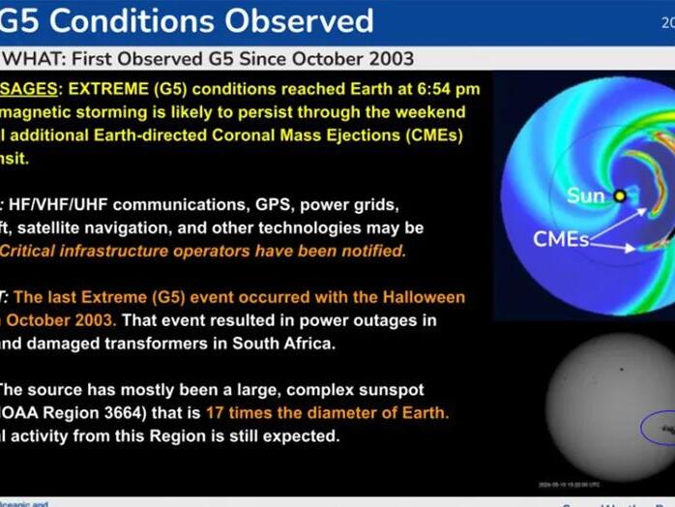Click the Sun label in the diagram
[x=585, y=195]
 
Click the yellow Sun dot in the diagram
[x=619, y=195]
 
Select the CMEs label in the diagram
[x=561, y=238]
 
